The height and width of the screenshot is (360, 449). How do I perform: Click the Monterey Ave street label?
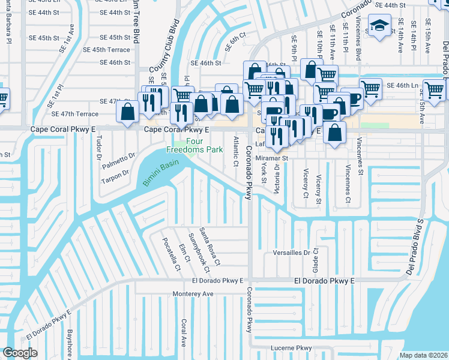tap(193, 294)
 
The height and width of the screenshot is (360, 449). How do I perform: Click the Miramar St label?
tap(273, 158)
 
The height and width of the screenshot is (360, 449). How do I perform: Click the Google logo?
tap(20, 353)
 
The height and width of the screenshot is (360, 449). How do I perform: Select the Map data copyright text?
tap(423, 355)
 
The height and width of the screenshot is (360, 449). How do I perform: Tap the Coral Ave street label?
tap(184, 332)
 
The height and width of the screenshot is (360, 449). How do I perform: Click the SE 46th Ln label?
tap(402, 86)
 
